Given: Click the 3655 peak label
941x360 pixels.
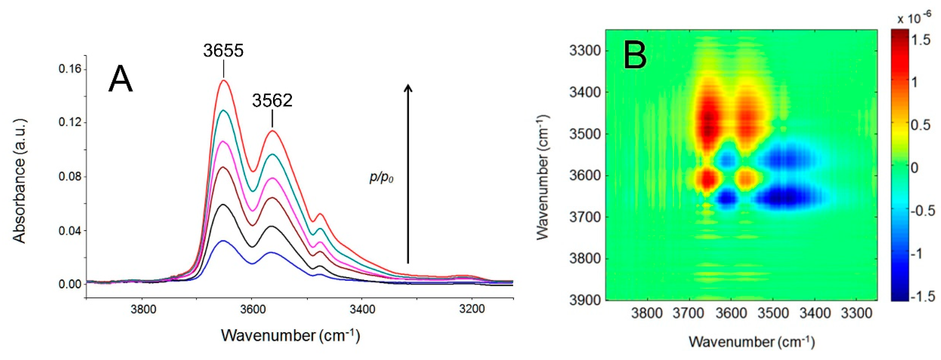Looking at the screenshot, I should tap(223, 51).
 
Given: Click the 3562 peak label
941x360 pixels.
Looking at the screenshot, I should tap(272, 101).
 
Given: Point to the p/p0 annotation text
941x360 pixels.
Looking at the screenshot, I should tap(381, 178).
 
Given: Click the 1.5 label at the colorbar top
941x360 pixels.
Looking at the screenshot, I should tap(921, 40).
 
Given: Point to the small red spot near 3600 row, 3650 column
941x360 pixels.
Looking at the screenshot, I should tap(708, 178).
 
